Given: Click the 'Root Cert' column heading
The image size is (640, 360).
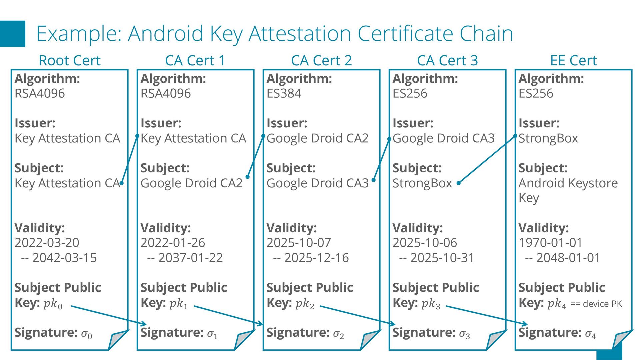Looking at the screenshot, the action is pos(69,61).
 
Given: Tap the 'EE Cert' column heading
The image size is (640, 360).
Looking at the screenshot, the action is pos(573,61).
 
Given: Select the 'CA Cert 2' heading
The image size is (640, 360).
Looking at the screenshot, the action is pos(321,61).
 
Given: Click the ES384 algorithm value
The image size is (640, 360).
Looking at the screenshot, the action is pos(284,93).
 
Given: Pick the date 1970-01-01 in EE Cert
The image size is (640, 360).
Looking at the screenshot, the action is pos(550,243).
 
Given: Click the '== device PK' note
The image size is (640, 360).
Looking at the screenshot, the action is pos(596,304).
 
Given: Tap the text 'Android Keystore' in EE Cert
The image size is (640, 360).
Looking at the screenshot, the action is pos(568,183).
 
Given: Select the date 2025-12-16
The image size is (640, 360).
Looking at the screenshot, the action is pos(316,258).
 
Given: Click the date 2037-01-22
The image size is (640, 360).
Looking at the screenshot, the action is pos(190,258).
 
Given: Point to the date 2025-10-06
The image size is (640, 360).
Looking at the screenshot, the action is pos(425,243).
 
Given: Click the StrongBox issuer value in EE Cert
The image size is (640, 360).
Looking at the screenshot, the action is pos(548,138).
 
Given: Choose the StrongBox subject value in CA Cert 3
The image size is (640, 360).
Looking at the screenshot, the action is pos(422,183).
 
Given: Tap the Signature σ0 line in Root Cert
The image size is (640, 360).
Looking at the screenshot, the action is pos(53,333).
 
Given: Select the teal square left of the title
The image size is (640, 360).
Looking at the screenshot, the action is pos(13,34).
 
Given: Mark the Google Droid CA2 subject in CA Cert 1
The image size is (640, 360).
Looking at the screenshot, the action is pos(191,183).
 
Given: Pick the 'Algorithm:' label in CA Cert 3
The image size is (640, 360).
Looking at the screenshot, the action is pos(425,79).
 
